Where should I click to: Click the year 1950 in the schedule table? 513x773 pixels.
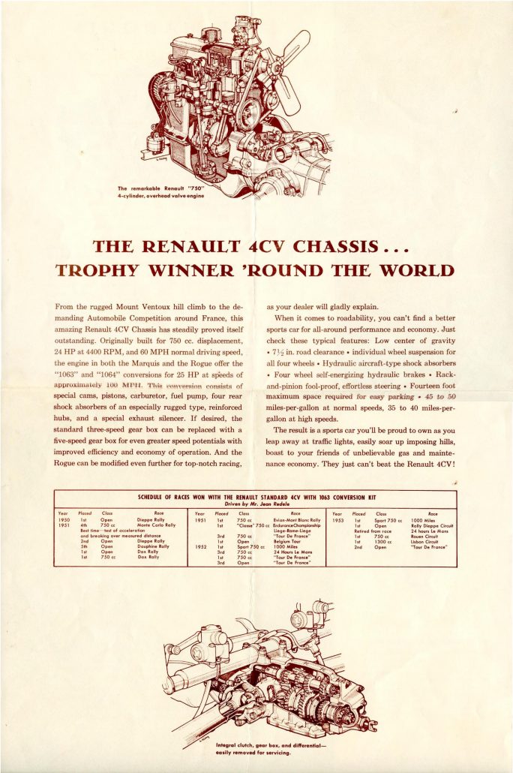tap(64, 519)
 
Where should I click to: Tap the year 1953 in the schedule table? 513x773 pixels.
tap(338, 519)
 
